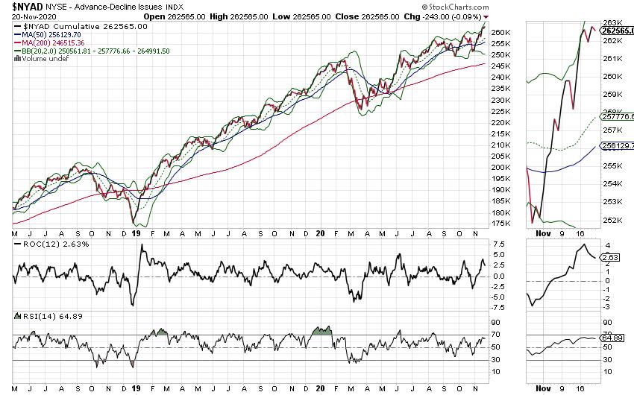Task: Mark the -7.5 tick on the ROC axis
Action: [x=501, y=307]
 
